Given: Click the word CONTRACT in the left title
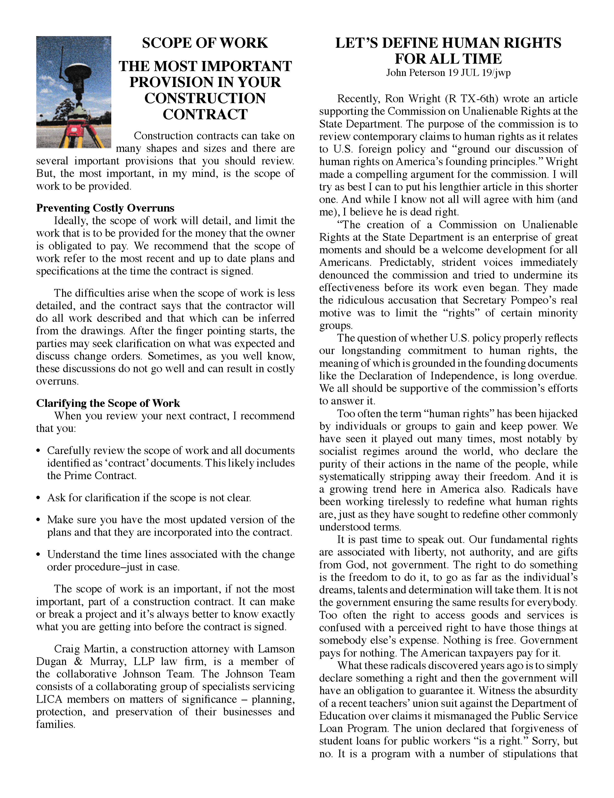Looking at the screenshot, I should coord(205,114).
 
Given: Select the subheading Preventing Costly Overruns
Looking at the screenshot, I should coord(105,208).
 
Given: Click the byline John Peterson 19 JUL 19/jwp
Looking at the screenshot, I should coord(448,73).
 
